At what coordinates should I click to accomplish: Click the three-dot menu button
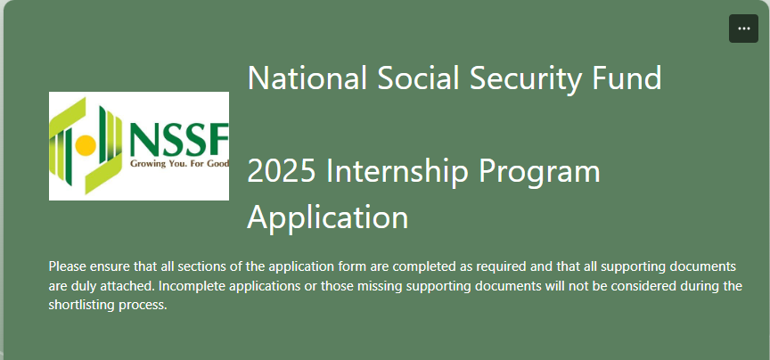point(743,29)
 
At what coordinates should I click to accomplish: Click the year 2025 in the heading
point(282,171)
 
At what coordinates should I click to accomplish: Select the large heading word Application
point(328,218)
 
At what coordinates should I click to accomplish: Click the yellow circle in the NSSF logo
point(86,144)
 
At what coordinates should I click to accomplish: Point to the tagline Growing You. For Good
point(179,164)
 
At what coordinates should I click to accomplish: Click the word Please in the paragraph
point(66,266)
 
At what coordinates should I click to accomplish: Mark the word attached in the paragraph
point(130,286)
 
